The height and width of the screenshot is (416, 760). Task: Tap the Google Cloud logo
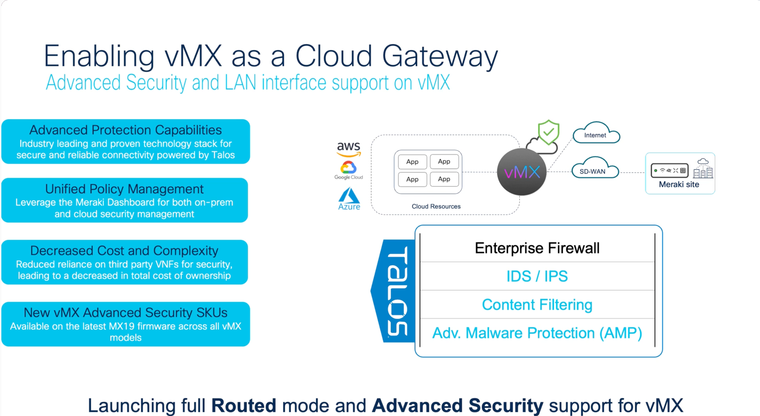(x=349, y=170)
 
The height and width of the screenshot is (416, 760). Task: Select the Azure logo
(x=349, y=199)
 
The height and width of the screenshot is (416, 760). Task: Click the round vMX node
(x=522, y=172)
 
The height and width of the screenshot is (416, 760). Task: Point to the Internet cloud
(x=596, y=134)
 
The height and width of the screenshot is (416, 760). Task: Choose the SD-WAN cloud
(x=593, y=170)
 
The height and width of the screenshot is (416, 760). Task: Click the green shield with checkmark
(x=548, y=132)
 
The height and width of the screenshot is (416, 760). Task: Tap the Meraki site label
(x=679, y=185)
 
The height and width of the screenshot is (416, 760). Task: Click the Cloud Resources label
(x=436, y=206)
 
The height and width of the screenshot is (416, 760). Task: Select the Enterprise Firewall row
(x=537, y=248)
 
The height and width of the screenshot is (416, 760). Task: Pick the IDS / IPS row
(x=537, y=276)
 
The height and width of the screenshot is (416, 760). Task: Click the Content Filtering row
(x=537, y=305)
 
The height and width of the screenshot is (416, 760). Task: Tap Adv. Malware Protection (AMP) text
(x=537, y=333)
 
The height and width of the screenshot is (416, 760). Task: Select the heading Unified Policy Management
(x=124, y=189)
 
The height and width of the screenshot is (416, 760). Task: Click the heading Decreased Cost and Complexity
(x=124, y=251)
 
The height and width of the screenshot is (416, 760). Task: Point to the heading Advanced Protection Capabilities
(x=126, y=130)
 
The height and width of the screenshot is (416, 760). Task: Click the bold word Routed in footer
(x=243, y=405)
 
